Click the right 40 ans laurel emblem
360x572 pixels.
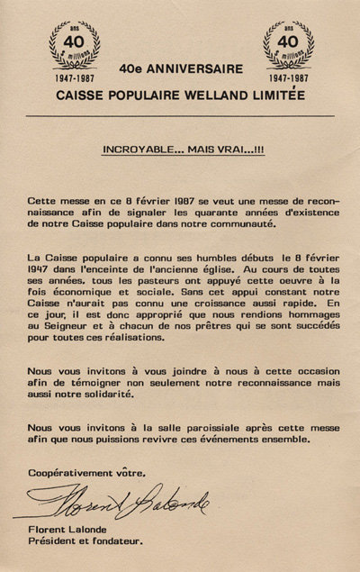[288, 43]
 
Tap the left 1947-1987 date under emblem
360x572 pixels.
[73, 78]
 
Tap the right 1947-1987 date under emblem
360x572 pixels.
[288, 78]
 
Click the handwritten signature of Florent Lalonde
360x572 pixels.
[126, 499]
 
